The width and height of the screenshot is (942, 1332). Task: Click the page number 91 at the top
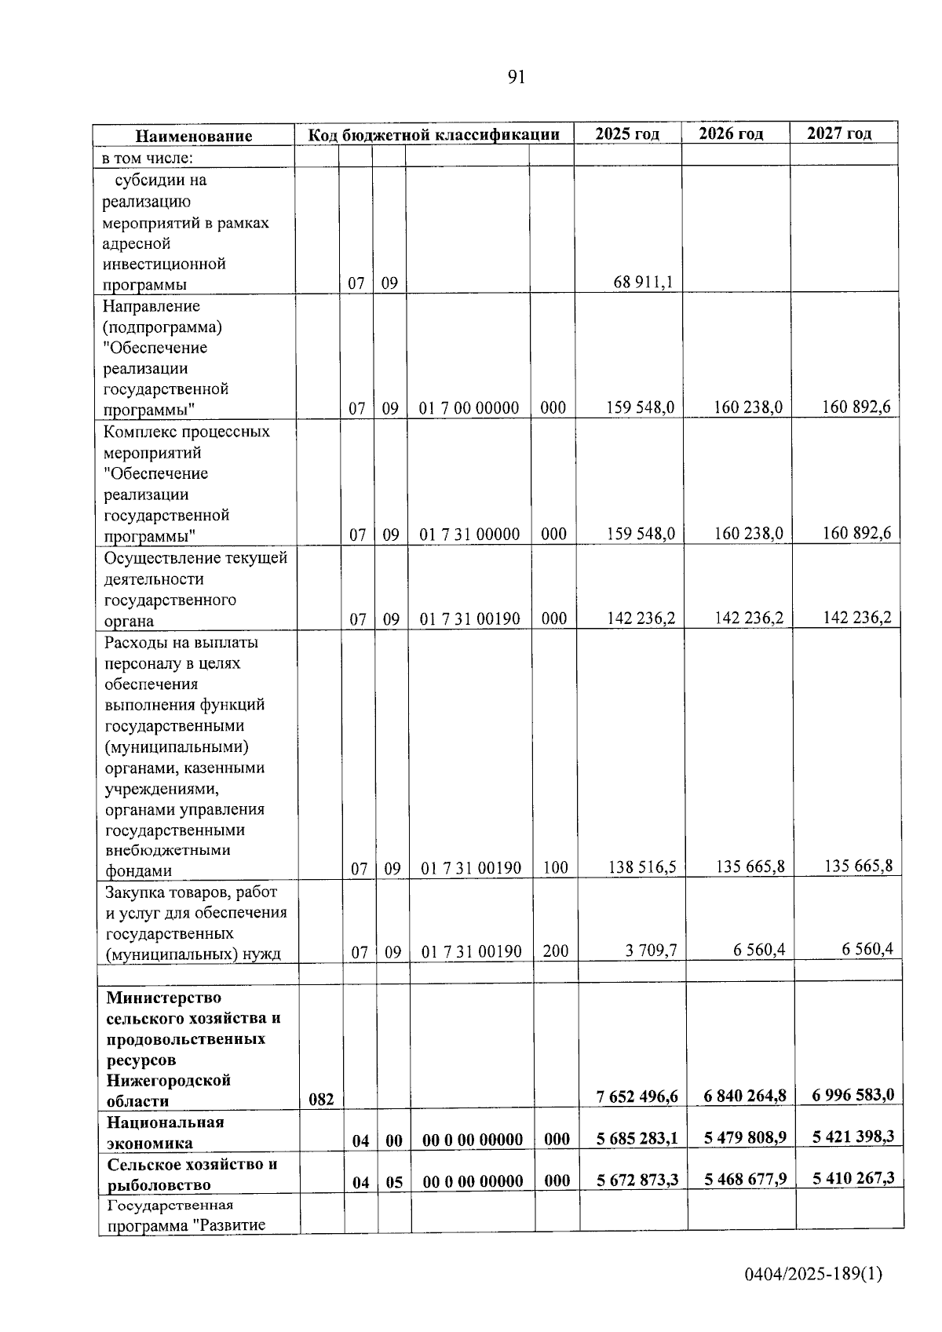516,77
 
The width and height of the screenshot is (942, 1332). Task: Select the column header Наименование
194,136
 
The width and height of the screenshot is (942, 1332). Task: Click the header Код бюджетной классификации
433,134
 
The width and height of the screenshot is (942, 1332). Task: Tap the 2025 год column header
627,133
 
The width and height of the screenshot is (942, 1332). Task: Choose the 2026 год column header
731,133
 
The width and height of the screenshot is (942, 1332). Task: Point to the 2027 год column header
839,133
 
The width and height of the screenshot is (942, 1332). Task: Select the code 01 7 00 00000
469,408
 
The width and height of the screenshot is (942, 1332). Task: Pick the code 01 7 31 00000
469,535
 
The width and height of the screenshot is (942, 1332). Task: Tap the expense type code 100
555,868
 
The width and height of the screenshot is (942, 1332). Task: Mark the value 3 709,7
651,951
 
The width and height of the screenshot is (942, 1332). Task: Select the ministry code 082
320,1100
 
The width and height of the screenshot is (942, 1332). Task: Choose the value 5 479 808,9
745,1137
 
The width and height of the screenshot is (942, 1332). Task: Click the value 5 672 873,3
637,1180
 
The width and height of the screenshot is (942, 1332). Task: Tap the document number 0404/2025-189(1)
813,1274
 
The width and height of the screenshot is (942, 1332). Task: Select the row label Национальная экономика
165,1133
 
